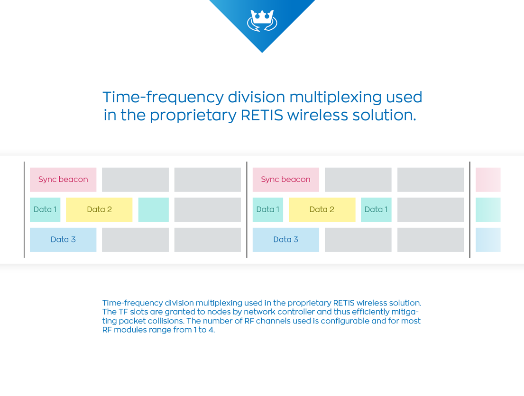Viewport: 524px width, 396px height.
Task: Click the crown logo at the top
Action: (262, 20)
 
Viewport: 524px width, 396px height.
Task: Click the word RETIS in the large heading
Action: (262, 115)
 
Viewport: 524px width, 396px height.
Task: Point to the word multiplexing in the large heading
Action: (335, 98)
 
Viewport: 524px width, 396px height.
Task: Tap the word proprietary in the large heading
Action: (193, 116)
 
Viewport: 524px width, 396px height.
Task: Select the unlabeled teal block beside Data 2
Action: (153, 210)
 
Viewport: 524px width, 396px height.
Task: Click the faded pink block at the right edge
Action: (488, 180)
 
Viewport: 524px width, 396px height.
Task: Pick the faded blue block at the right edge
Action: (488, 240)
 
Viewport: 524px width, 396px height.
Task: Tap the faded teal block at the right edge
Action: (488, 210)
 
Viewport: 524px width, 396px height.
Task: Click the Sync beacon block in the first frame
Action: (63, 180)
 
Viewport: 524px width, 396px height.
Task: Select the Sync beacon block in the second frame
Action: (286, 180)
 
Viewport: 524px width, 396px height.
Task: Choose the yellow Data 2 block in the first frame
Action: (99, 210)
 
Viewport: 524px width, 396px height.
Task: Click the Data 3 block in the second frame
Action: (286, 240)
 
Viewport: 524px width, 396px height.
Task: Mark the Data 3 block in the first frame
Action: (63, 240)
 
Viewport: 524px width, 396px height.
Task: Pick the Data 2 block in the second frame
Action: (322, 210)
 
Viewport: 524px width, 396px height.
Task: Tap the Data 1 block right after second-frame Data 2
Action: (377, 210)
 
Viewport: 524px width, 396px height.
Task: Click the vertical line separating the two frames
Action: (247, 210)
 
